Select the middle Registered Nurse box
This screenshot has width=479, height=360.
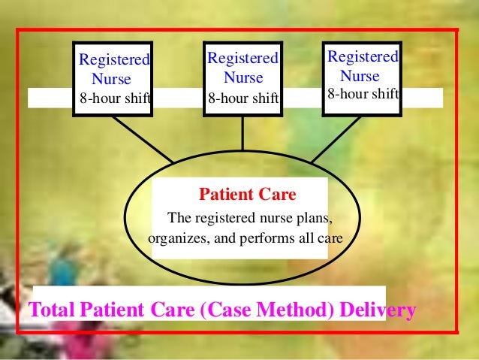tap(243, 77)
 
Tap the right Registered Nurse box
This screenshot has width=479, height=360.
tap(362, 76)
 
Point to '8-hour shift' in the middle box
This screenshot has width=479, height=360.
tap(243, 98)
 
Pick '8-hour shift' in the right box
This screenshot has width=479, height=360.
tap(363, 94)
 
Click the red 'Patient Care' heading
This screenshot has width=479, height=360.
tap(247, 195)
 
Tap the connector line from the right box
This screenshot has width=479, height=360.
tap(337, 139)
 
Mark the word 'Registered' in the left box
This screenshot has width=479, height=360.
tap(114, 59)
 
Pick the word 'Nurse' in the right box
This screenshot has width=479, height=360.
tap(360, 76)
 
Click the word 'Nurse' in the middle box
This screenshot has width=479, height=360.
tap(243, 77)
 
